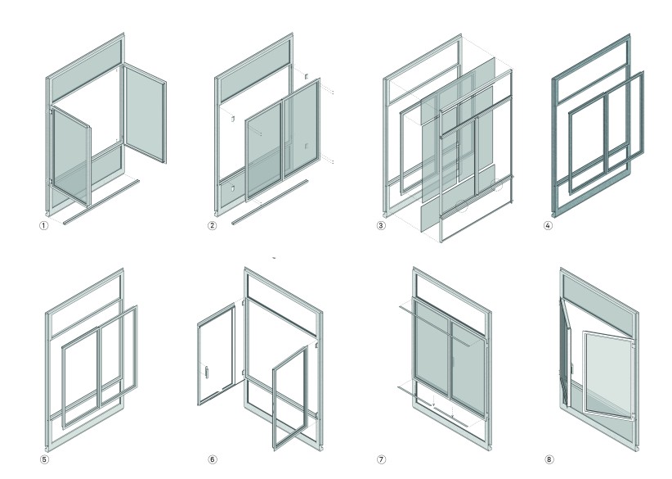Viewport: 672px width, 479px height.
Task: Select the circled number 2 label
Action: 212,224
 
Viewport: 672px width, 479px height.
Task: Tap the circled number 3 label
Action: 381,224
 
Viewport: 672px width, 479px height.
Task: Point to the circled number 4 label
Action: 549,224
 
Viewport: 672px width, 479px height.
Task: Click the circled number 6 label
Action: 212,459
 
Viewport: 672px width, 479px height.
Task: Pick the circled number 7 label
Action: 381,459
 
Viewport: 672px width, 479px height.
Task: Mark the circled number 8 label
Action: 549,459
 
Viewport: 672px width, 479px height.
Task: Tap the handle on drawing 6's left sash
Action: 208,373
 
